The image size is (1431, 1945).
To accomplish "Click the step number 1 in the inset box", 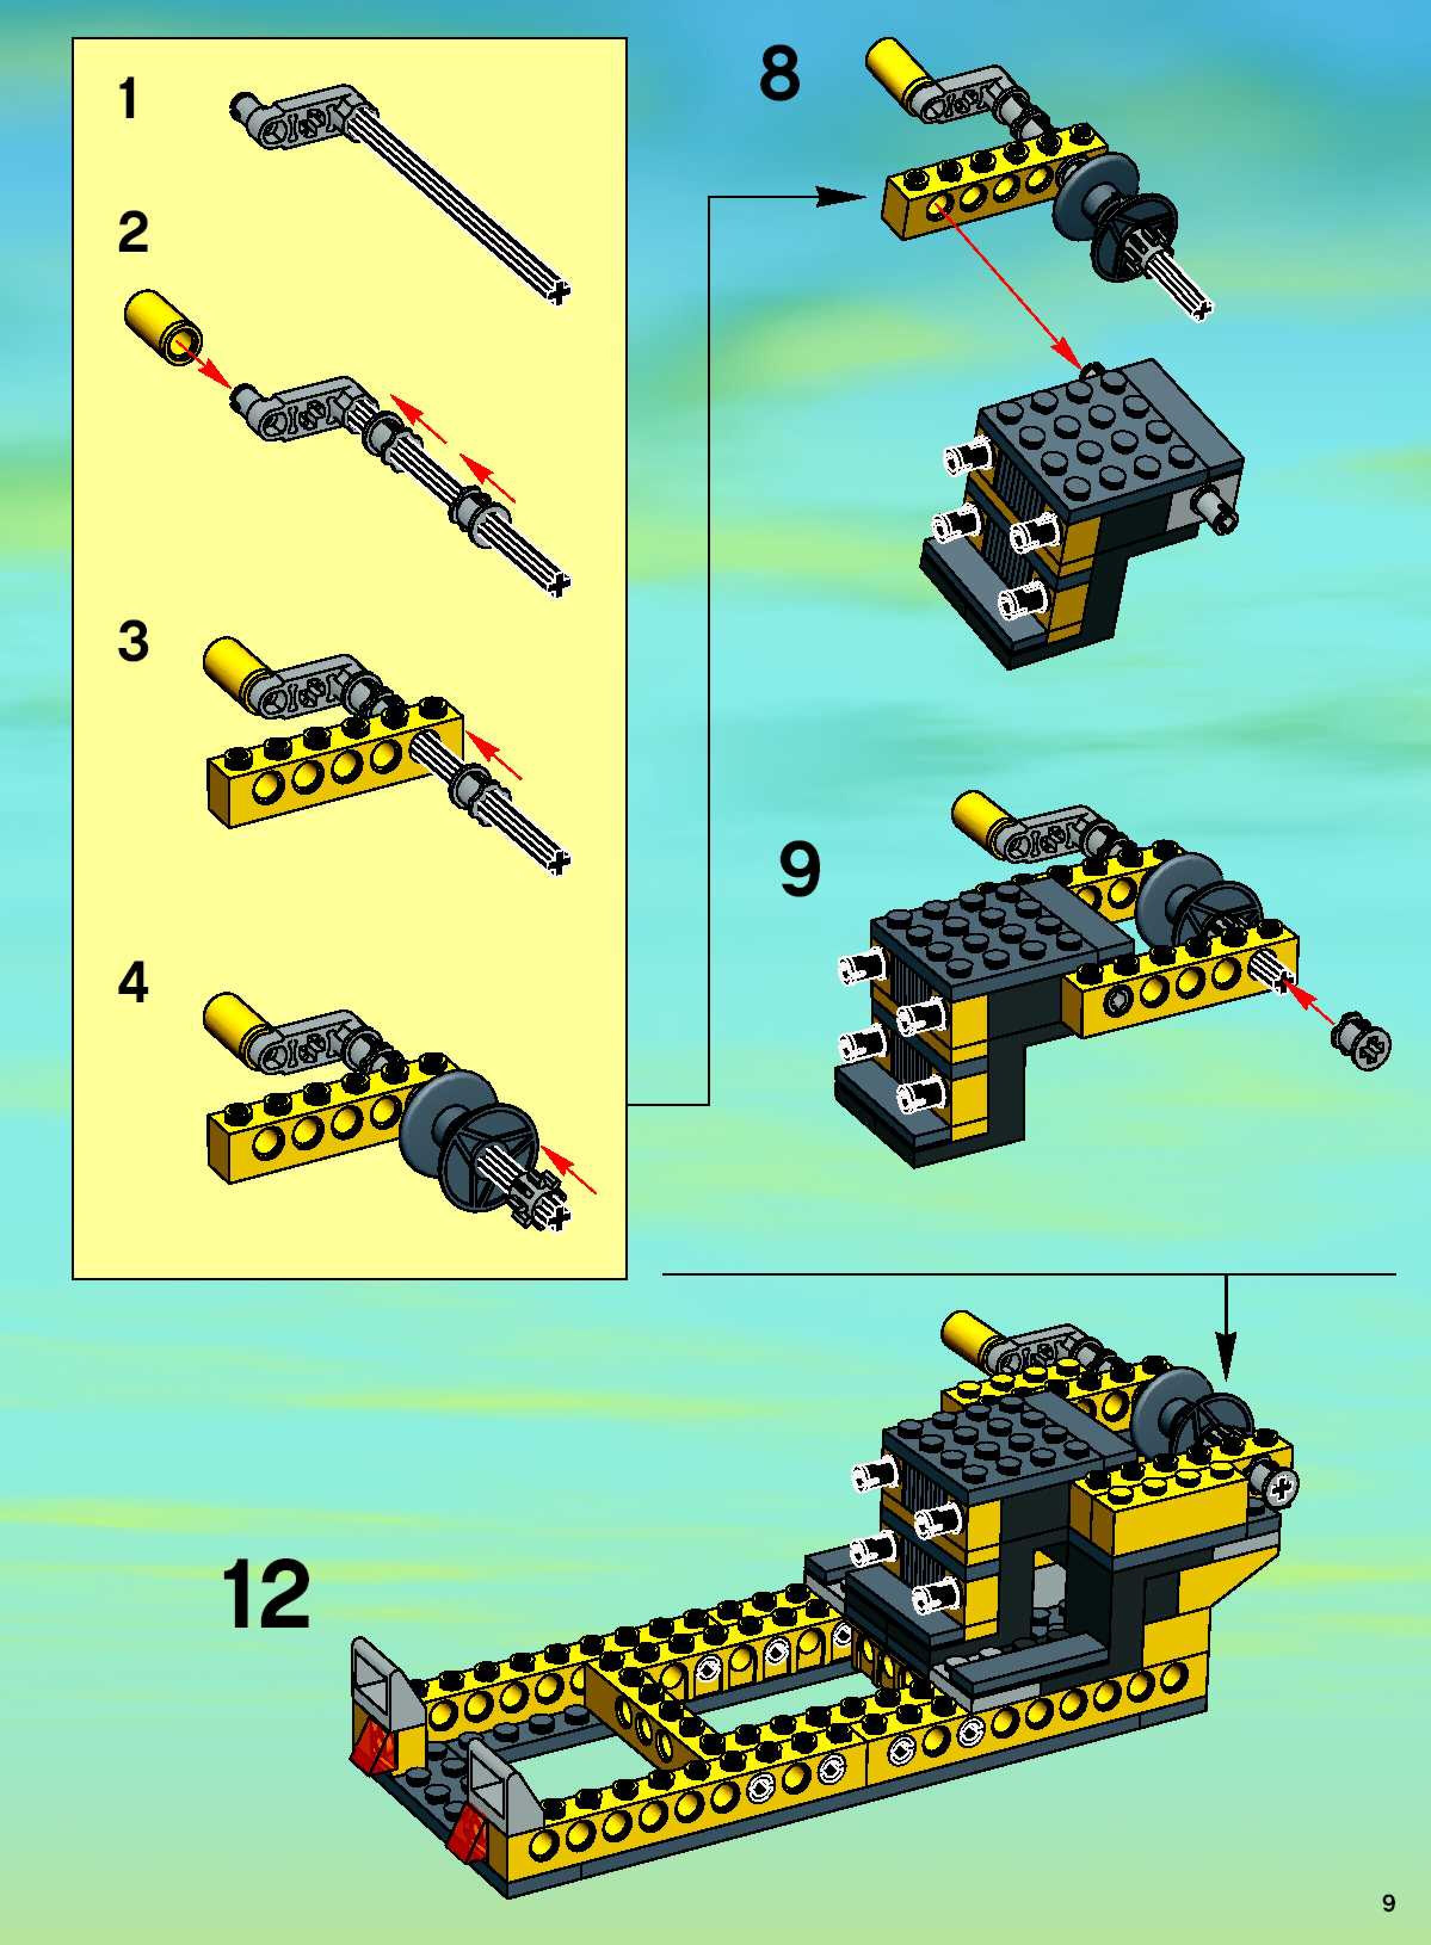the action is pyautogui.click(x=129, y=98).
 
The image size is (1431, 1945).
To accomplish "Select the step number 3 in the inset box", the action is pyautogui.click(x=134, y=642).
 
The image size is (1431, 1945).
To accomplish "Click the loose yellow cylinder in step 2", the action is pyautogui.click(x=163, y=329).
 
